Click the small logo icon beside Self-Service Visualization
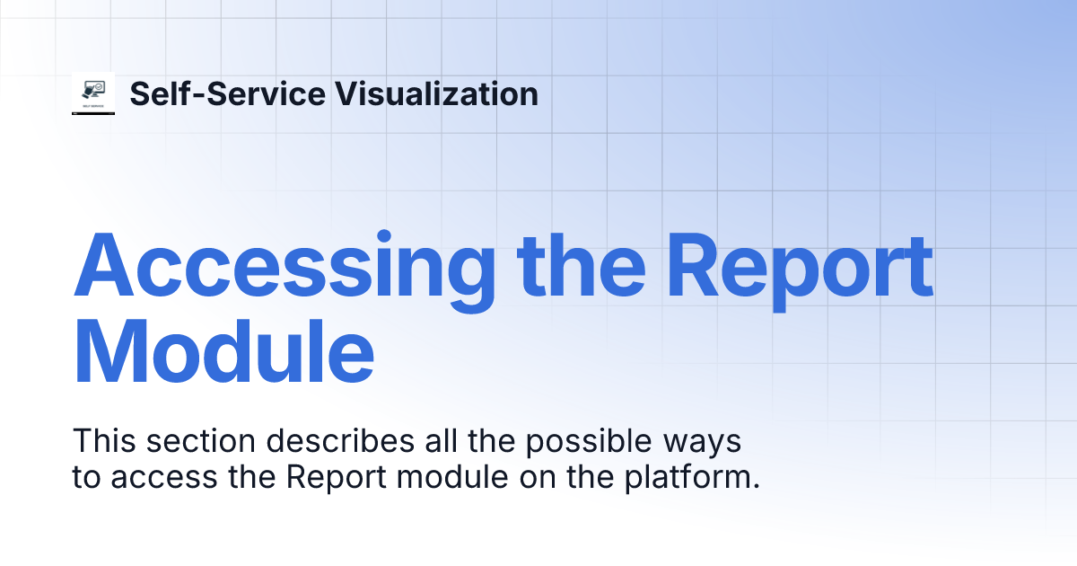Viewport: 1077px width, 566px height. pyautogui.click(x=93, y=93)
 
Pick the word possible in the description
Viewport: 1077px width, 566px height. pyautogui.click(x=510, y=441)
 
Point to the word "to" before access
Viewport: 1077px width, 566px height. pyautogui.click(x=86, y=477)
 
